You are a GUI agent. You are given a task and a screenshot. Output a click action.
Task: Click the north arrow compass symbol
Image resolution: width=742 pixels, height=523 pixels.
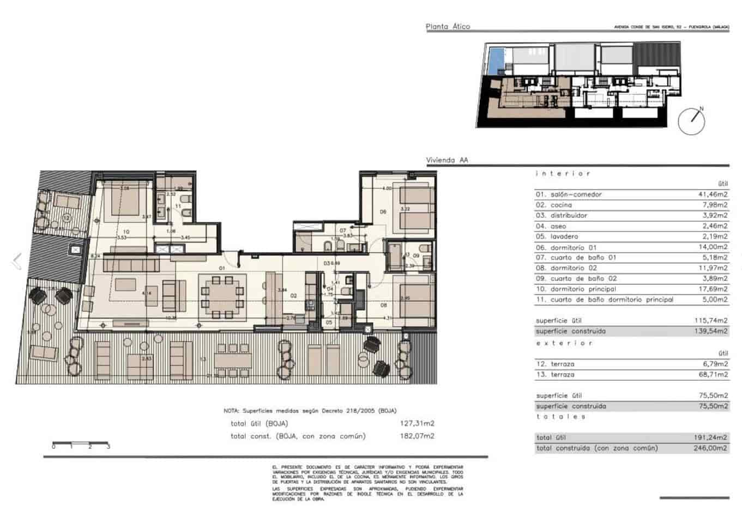691,121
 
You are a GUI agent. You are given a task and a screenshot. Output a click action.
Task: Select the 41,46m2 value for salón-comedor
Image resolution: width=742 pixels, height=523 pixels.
714,194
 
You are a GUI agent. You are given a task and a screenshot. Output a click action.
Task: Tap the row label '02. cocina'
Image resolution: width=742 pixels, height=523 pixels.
554,205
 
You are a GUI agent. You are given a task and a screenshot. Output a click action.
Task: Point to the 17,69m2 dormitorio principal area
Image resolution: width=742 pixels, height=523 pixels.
714,289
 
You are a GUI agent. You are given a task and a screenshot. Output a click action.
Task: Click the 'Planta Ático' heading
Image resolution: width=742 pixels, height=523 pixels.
448,26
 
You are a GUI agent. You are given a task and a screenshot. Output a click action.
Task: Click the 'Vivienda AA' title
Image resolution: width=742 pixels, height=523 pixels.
447,160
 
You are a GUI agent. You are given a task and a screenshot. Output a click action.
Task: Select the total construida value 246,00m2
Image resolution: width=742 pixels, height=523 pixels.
714,448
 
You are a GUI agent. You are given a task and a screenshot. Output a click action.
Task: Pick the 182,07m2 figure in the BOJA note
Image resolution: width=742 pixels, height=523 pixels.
417,436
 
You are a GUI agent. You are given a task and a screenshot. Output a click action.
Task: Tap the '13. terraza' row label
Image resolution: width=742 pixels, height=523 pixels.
555,374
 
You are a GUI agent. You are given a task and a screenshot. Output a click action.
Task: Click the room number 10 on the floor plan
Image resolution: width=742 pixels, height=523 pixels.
126,232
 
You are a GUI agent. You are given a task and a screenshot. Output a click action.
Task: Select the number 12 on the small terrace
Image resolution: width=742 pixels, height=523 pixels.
67,217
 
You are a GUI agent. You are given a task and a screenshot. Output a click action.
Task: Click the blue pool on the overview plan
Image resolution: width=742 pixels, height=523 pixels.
496,59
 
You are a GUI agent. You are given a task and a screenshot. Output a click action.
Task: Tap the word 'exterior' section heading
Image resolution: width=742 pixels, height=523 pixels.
564,343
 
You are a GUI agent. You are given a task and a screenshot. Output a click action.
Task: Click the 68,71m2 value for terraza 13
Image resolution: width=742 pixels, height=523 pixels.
714,374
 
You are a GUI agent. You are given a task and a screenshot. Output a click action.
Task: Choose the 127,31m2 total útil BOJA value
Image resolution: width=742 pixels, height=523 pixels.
417,423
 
